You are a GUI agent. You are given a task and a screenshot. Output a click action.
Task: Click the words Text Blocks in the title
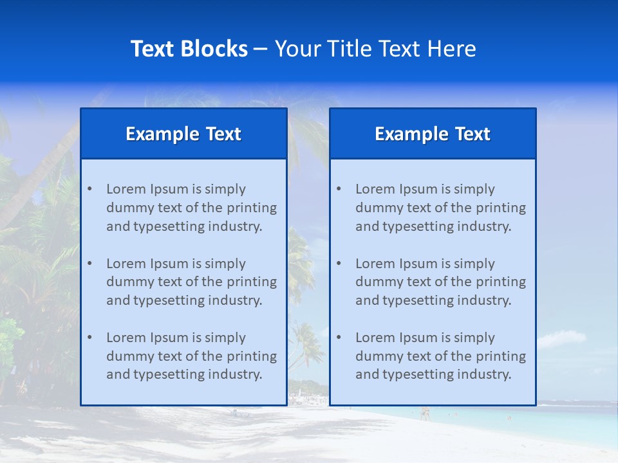(x=189, y=49)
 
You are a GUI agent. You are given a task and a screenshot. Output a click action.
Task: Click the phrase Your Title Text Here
(x=375, y=49)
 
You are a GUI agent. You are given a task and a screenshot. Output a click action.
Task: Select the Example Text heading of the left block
(x=183, y=134)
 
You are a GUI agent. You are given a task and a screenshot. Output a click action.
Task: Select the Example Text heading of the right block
(x=433, y=134)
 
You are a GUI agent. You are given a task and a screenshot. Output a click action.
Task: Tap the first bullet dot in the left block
(x=89, y=189)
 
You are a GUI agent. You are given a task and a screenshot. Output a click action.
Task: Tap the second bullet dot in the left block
(x=89, y=264)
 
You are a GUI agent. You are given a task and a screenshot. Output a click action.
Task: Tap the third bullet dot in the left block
(x=89, y=338)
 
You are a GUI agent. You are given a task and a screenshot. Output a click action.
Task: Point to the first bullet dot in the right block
(x=339, y=189)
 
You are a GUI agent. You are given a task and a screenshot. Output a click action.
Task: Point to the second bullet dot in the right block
(x=339, y=264)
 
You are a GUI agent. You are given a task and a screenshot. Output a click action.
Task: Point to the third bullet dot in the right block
(x=339, y=338)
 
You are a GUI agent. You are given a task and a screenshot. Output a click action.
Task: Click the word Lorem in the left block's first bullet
(x=126, y=189)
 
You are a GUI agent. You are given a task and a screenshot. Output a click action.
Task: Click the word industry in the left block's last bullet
(x=236, y=375)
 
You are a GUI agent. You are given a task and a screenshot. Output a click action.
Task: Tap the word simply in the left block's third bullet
(x=225, y=338)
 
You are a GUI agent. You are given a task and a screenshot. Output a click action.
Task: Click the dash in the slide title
(x=261, y=50)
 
